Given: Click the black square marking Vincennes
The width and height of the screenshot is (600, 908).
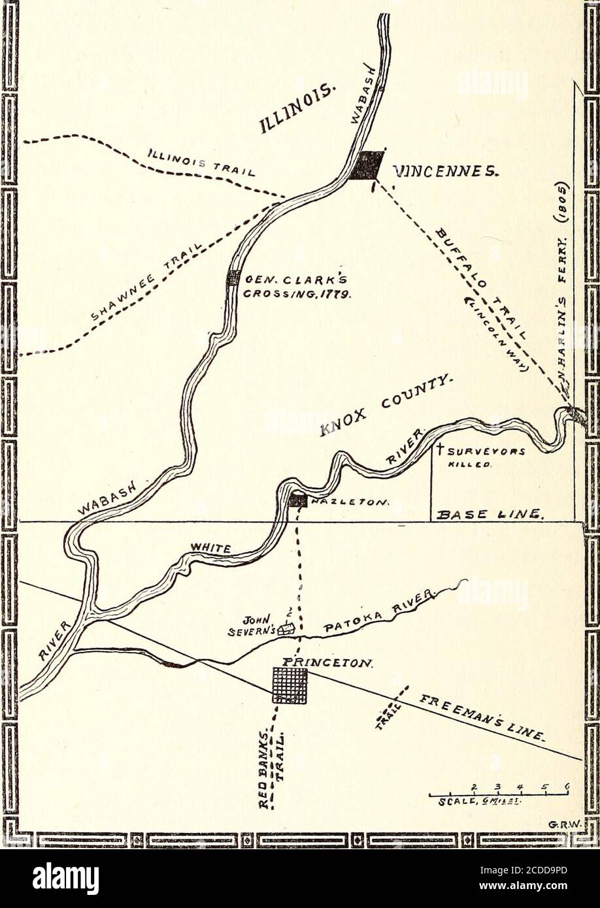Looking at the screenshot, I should (367, 165).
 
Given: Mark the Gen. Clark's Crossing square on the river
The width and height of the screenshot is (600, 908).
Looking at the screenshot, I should (233, 278).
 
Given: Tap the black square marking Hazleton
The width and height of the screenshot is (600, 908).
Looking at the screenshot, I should (298, 501).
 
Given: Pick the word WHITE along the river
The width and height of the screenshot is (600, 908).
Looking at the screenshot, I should (210, 549).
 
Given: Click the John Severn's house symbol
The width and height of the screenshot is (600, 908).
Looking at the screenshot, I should (286, 630).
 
